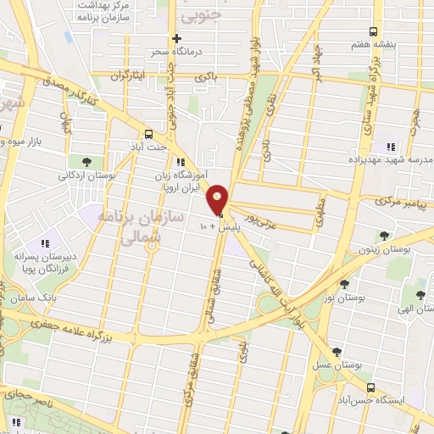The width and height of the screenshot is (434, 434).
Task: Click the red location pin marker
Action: [x=218, y=198]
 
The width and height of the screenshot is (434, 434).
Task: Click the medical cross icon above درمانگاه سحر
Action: [x=176, y=38]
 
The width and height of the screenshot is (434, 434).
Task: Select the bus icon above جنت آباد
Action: [x=149, y=134]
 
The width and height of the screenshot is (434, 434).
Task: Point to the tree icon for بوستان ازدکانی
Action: [x=87, y=161]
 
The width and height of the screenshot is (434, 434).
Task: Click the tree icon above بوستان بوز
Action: [x=343, y=285]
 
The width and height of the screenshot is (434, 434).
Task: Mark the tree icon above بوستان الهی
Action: [x=420, y=295]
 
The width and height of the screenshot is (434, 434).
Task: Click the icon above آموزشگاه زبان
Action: [x=180, y=162]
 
